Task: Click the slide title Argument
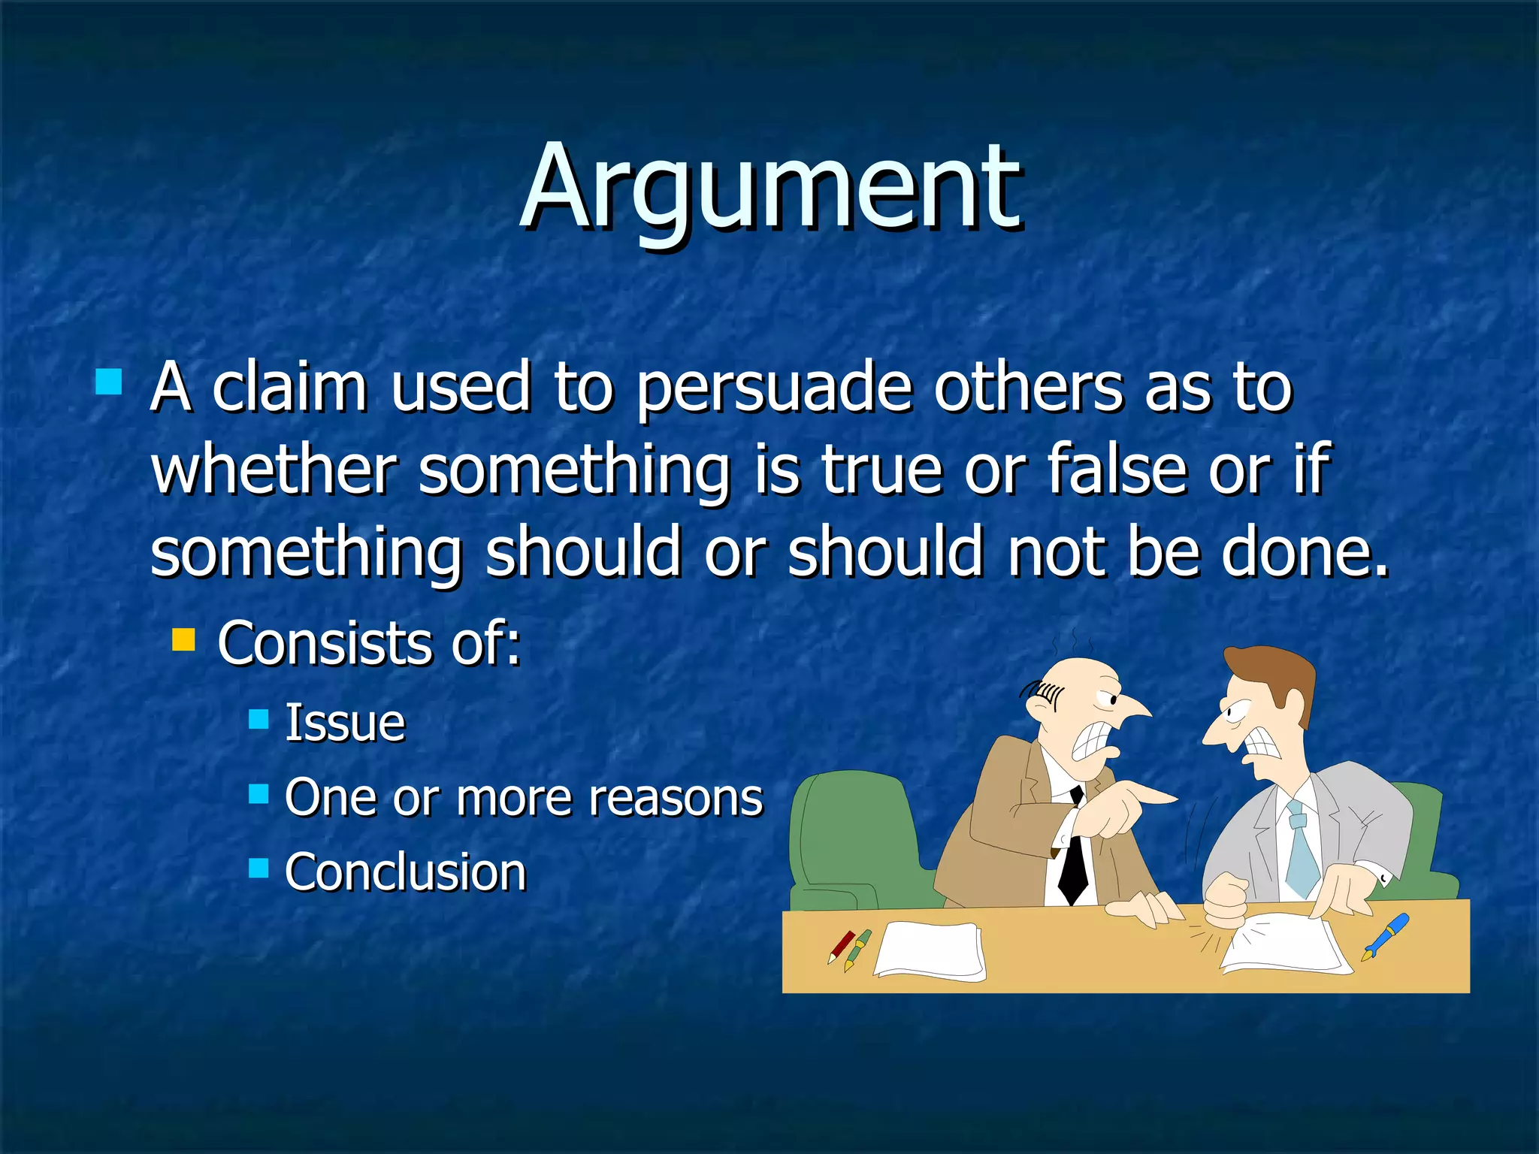(770, 188)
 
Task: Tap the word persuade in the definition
(774, 389)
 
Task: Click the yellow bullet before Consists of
(183, 640)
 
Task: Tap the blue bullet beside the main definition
(109, 382)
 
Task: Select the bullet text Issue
(345, 723)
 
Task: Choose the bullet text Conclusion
(405, 872)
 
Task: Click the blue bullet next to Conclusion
(259, 869)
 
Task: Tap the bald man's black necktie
(1073, 864)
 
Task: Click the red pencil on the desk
(841, 947)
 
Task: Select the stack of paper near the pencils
(930, 951)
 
